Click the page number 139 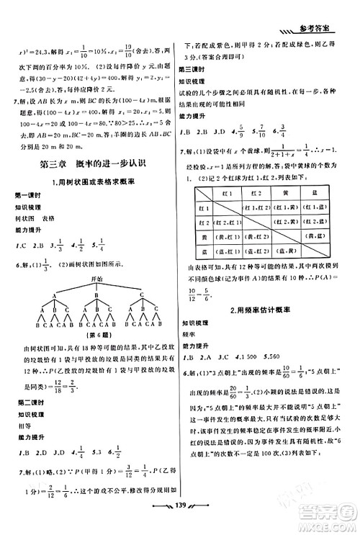coord(180,523)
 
